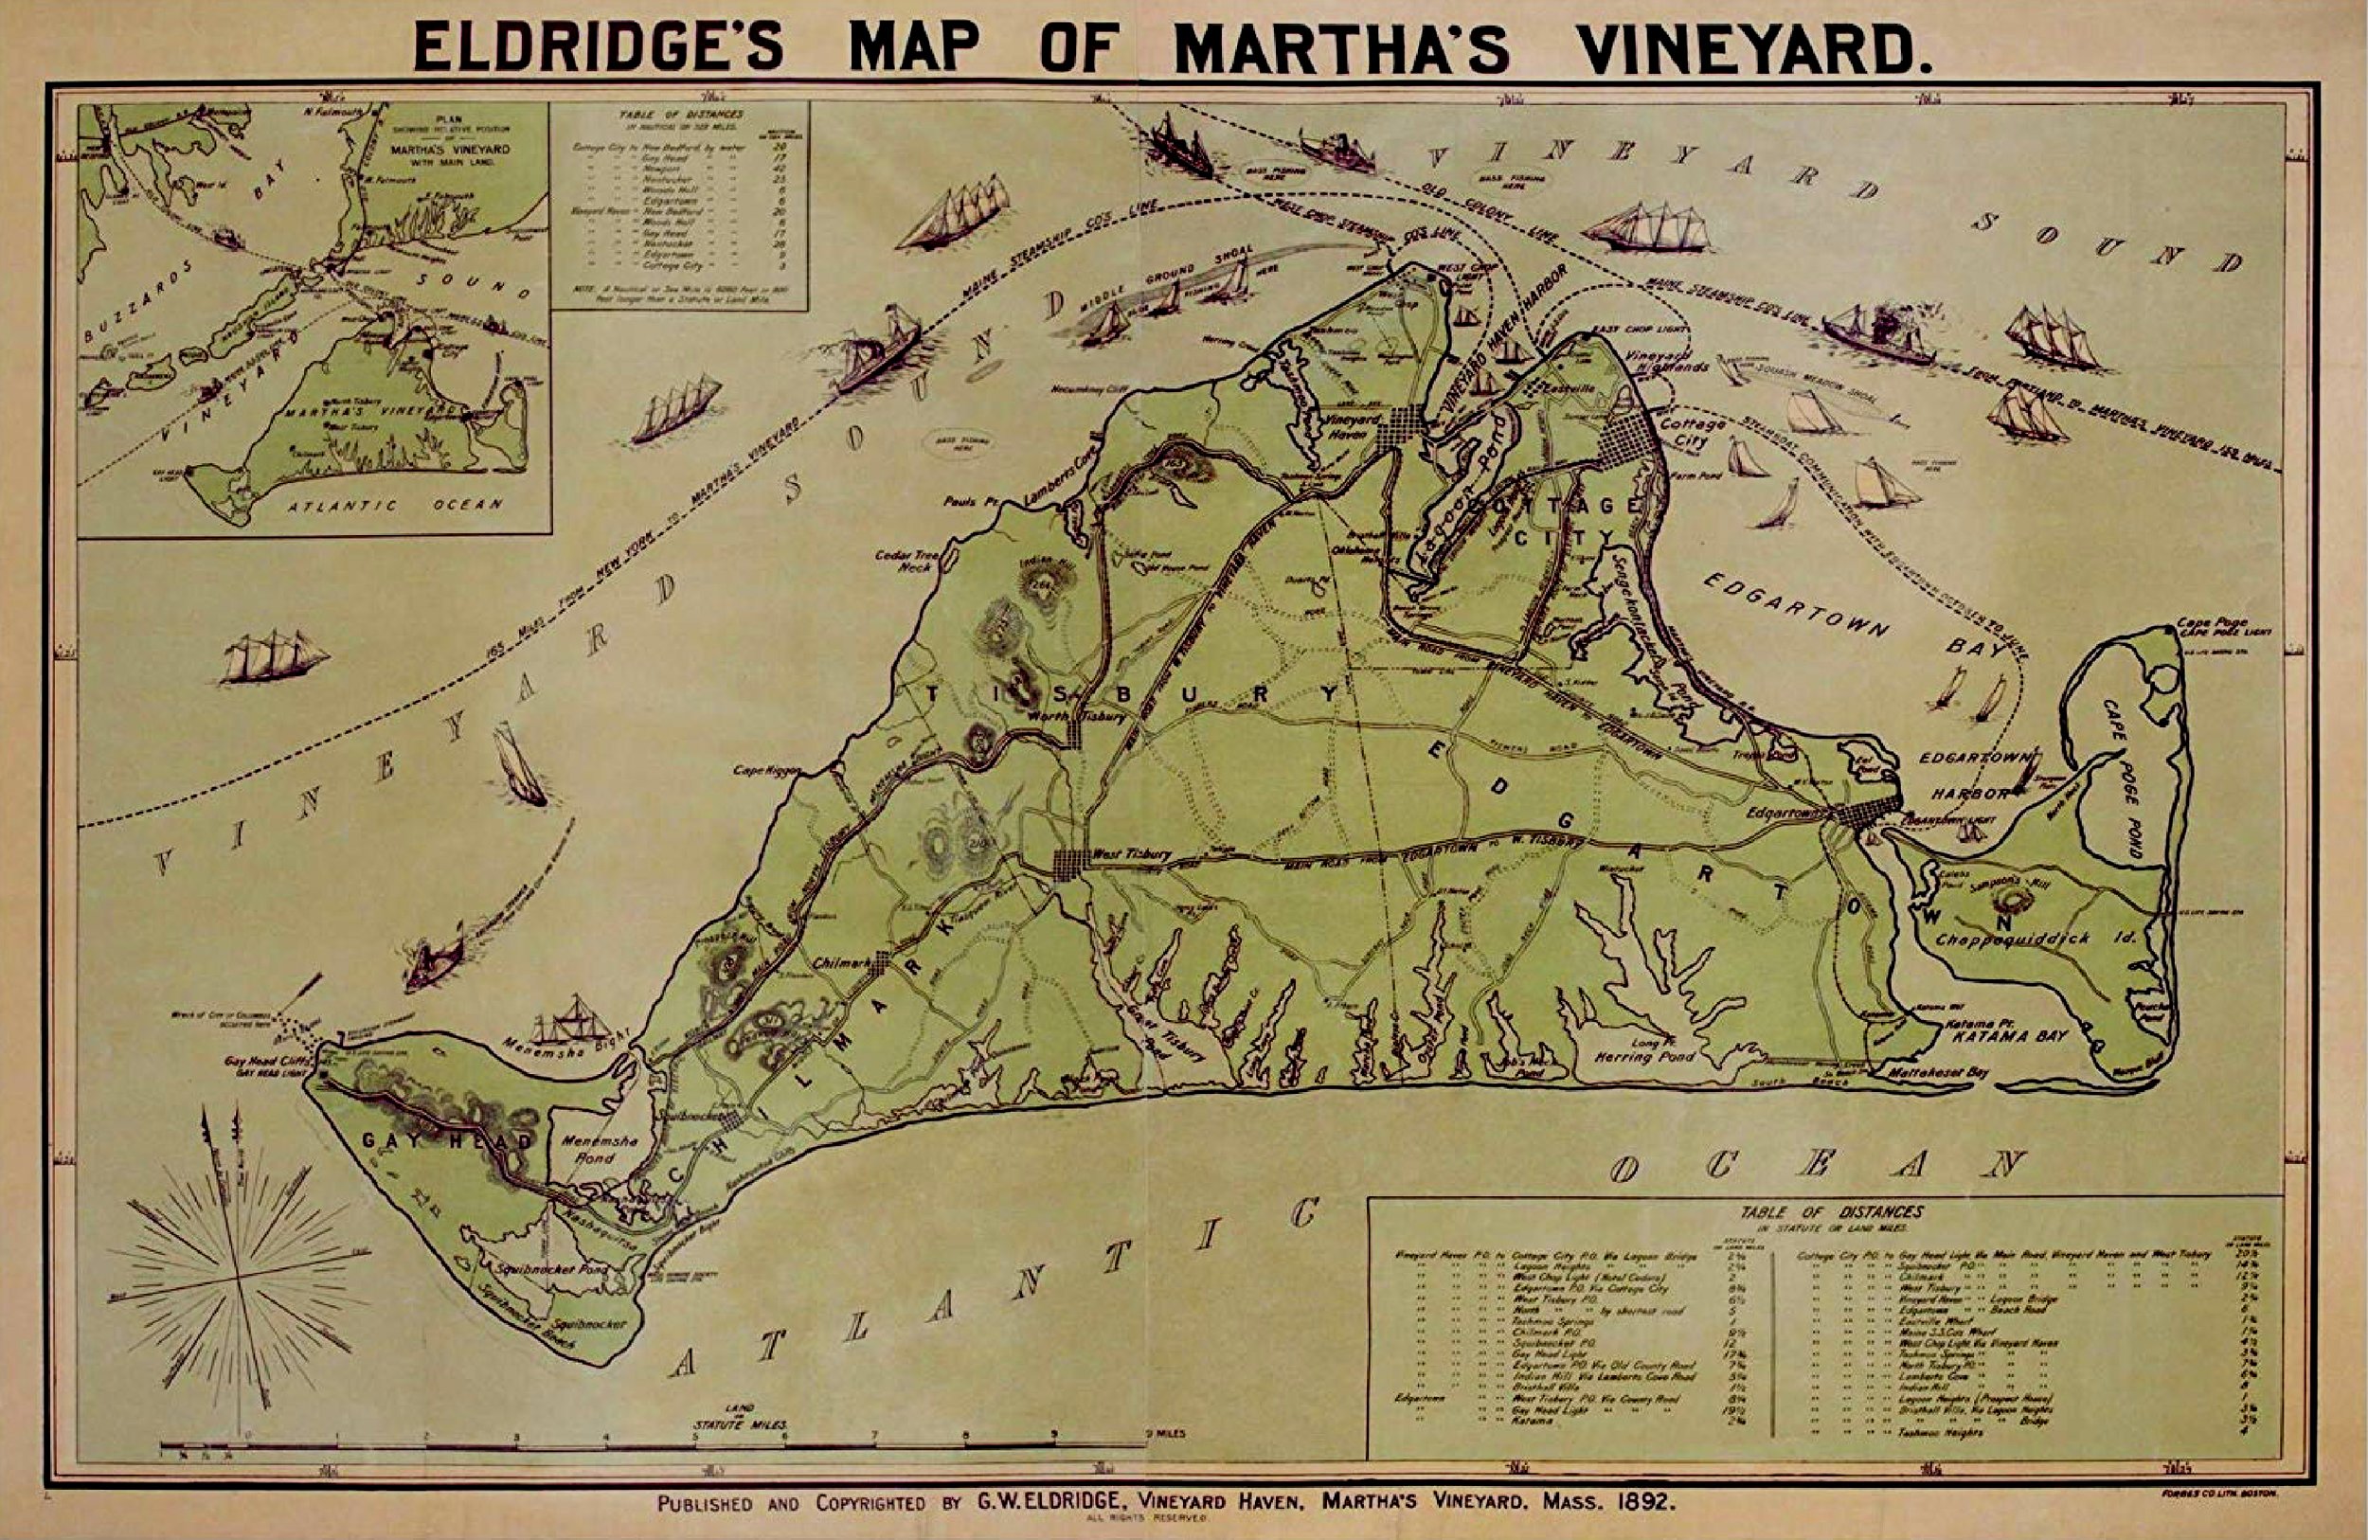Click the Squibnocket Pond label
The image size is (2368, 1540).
(545, 1270)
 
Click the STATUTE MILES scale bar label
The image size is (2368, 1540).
(739, 1423)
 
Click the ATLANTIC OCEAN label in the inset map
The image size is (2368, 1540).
(393, 506)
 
